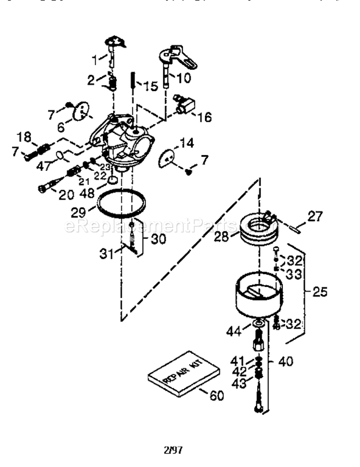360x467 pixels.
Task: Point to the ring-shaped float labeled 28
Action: [x=259, y=232]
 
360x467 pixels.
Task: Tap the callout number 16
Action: [x=204, y=117]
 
